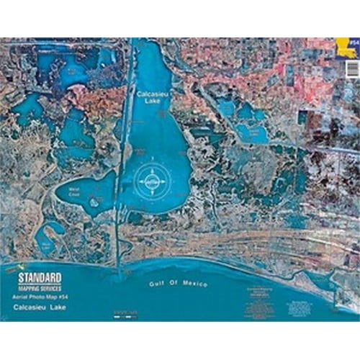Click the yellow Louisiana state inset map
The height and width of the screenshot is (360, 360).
tap(348, 50)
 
